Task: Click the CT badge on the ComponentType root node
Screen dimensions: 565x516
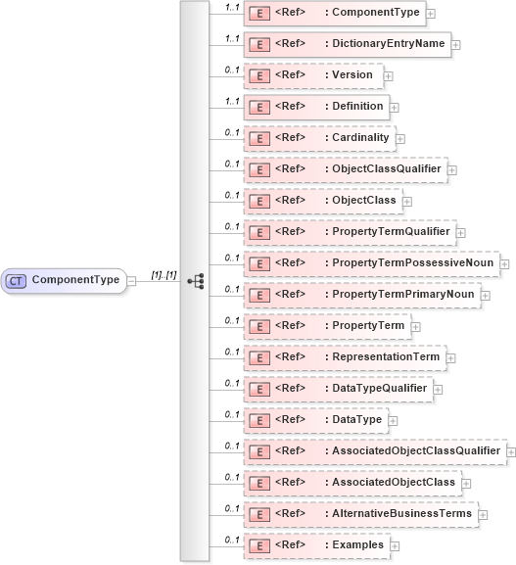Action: pyautogui.click(x=17, y=280)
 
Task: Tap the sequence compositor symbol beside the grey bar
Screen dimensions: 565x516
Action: pyautogui.click(x=195, y=280)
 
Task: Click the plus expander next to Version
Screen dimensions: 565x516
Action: pyautogui.click(x=389, y=75)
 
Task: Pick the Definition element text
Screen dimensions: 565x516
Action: pyautogui.click(x=358, y=107)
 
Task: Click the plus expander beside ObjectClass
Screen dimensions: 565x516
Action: pyautogui.click(x=406, y=201)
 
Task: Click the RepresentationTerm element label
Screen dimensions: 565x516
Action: pyautogui.click(x=385, y=357)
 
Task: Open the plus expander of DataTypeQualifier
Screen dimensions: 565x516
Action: pyautogui.click(x=438, y=389)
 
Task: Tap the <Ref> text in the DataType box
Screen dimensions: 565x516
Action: pyautogui.click(x=289, y=420)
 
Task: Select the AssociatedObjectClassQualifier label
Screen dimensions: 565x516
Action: pyautogui.click(x=416, y=451)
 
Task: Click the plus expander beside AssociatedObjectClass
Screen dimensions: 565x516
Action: pyautogui.click(x=466, y=483)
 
